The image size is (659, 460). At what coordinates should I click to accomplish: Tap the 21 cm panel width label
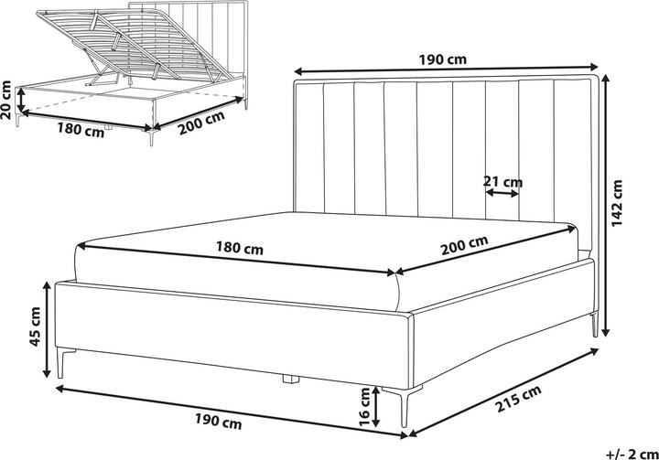point(502,181)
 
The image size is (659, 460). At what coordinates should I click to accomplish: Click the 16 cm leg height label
point(365,407)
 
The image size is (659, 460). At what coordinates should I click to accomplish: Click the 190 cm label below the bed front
point(221,423)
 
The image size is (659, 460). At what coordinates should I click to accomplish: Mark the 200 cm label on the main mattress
point(465,245)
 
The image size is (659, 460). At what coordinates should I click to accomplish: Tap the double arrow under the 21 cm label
point(502,193)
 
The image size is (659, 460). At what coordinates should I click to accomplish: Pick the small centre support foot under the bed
point(292,376)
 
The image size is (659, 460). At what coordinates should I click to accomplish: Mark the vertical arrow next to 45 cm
point(47,330)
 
